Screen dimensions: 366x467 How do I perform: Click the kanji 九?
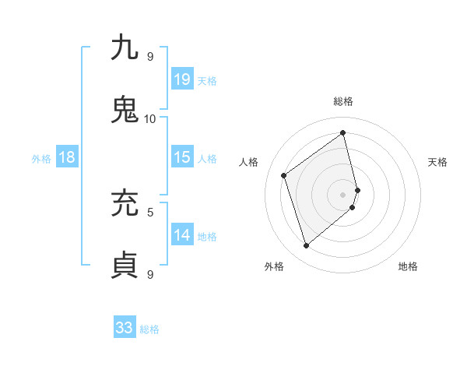(125, 48)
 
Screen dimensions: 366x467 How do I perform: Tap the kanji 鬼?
(125, 110)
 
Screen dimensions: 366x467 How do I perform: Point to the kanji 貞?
(125, 265)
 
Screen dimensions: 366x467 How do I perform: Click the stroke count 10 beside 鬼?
(149, 118)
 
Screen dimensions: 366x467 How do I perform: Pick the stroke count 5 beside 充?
(150, 211)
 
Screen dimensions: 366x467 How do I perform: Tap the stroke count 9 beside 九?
(150, 56)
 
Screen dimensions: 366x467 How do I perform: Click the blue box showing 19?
(182, 79)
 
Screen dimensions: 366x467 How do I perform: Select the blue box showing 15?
(182, 157)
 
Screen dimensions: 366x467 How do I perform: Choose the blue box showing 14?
(182, 235)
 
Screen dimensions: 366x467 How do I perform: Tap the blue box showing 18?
(67, 157)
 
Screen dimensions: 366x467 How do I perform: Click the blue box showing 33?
(125, 328)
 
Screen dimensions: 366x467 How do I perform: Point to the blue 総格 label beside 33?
(149, 329)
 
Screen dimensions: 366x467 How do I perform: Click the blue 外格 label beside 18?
(41, 159)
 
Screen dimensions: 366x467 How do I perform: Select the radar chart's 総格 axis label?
(343, 101)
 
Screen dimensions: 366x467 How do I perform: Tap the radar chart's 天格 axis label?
(437, 162)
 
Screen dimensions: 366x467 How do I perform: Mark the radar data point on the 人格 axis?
(284, 175)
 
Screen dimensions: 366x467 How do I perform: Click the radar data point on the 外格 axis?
(306, 246)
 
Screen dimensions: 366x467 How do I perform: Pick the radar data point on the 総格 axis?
(343, 133)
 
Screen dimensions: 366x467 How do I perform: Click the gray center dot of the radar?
(343, 194)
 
